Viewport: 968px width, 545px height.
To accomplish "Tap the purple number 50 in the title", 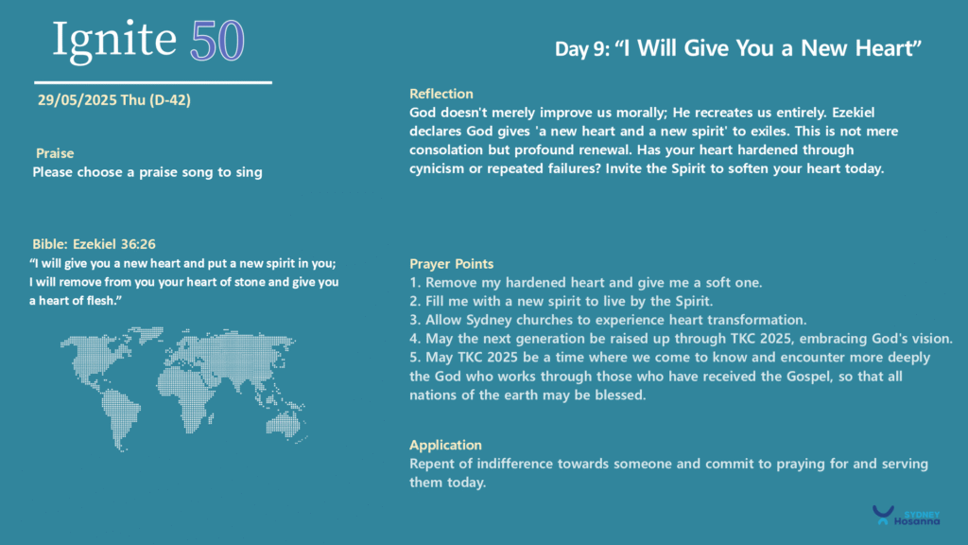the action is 217,41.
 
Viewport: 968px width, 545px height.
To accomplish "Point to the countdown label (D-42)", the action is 170,100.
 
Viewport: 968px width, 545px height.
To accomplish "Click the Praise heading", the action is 55,153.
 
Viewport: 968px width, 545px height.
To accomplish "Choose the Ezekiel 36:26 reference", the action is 114,244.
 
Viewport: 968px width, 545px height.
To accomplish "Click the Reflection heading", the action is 441,94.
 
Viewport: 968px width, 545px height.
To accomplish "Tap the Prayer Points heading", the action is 451,264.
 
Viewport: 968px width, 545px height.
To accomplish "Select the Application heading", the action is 445,445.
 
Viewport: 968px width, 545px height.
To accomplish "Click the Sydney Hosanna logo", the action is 906,516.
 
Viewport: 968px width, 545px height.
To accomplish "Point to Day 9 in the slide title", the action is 581,49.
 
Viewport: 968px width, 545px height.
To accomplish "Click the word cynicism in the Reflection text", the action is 437,168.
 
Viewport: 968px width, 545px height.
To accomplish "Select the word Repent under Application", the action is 431,464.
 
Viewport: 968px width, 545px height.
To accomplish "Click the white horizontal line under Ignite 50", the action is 153,82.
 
